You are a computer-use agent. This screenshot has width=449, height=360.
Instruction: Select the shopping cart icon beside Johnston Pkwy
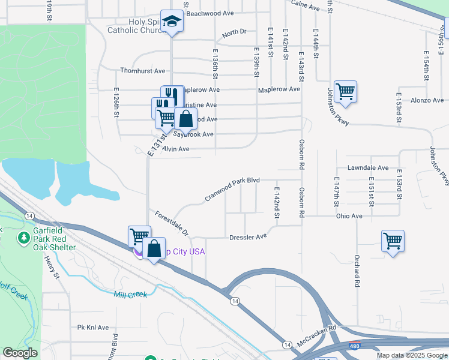coord(345,92)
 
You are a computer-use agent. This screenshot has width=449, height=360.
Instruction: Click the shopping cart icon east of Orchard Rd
coord(393,241)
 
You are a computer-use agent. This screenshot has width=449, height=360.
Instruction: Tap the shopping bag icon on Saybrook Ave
coord(186,118)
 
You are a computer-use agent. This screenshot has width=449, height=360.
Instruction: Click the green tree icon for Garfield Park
coord(24,239)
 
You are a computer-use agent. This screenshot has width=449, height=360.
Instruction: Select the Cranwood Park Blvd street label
coord(232,188)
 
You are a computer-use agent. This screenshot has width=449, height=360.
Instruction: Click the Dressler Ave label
coord(247,237)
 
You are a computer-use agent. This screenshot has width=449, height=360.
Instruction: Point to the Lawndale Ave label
coord(368,168)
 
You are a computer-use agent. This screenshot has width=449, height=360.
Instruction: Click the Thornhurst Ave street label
coord(142,71)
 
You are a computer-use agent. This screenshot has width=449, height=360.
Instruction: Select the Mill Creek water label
coord(130,294)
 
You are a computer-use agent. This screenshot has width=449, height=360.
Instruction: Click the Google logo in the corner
coord(20,353)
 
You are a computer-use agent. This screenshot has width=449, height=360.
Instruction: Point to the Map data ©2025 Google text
coord(411,355)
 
